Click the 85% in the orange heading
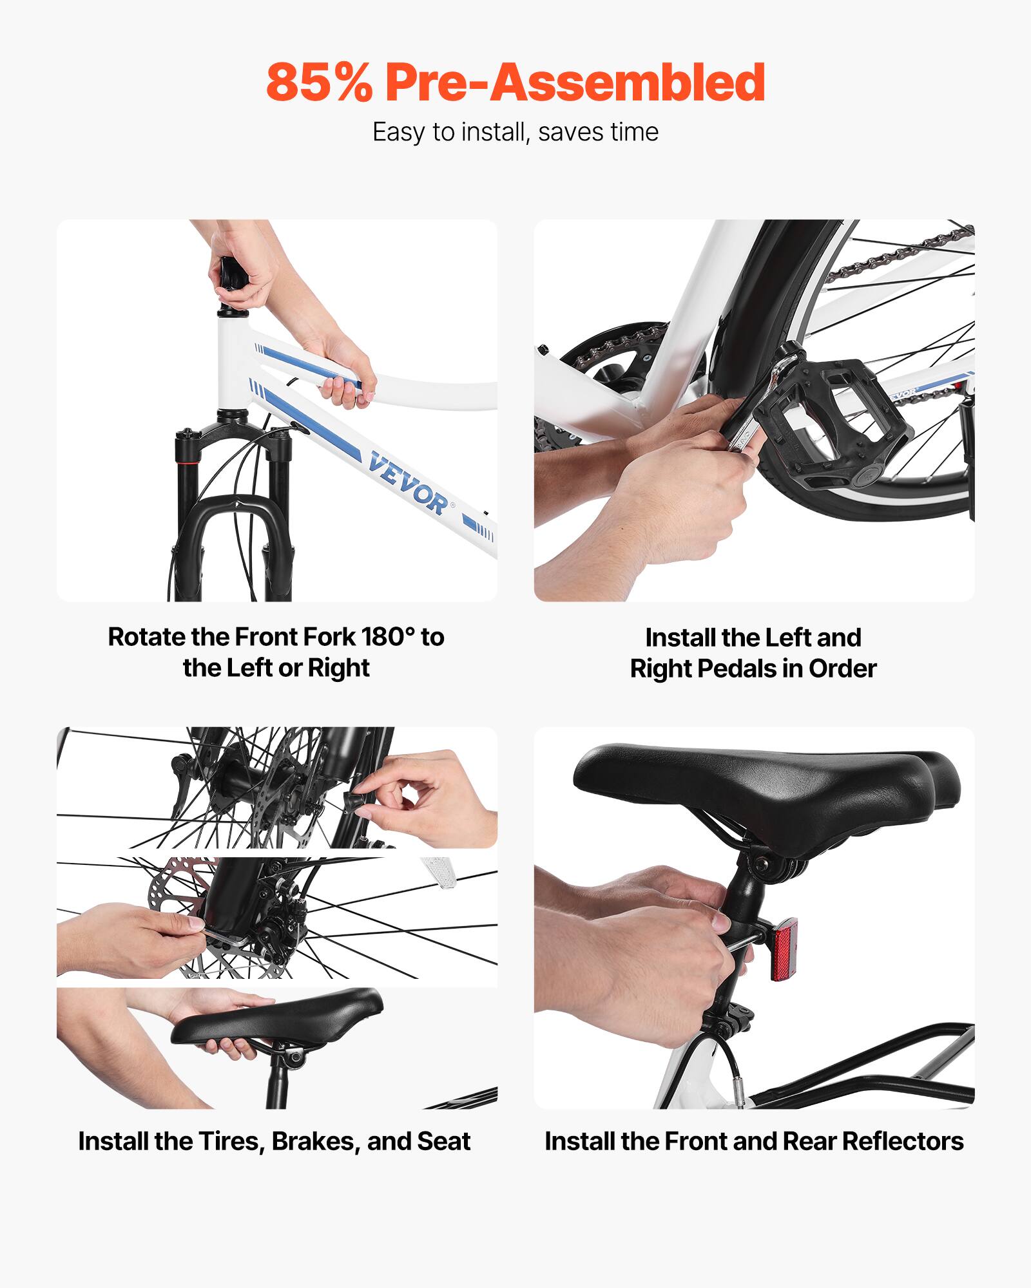pyautogui.click(x=319, y=82)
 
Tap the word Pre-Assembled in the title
pyautogui.click(x=575, y=82)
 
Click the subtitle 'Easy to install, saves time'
pyautogui.click(x=515, y=132)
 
